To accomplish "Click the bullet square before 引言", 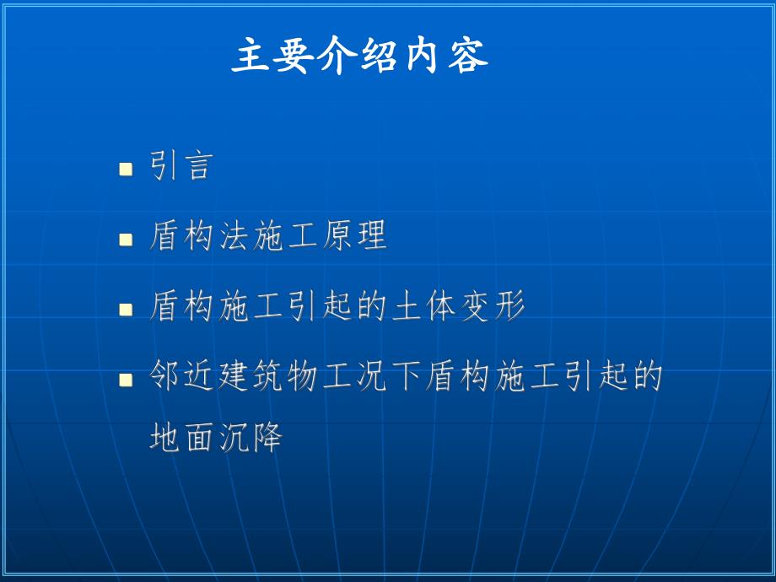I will (x=126, y=169).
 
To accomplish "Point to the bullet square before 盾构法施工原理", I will (x=126, y=240).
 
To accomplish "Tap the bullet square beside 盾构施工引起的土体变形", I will (x=126, y=310).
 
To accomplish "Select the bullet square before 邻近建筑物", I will (x=126, y=380).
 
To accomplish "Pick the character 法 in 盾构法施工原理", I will (x=234, y=237).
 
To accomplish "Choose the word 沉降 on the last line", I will (x=251, y=439).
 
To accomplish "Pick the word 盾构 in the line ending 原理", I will (x=182, y=237).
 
